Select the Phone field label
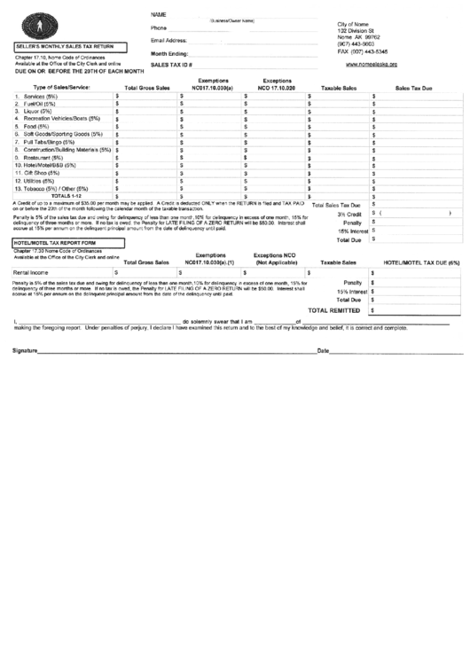[x=160, y=28]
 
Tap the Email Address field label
[x=169, y=41]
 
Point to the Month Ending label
[x=168, y=53]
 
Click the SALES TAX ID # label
[x=172, y=66]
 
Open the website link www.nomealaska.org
[x=367, y=64]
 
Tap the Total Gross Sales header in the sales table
[x=146, y=88]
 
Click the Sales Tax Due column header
[x=413, y=88]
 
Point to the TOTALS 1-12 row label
[x=71, y=196]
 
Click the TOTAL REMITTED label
[x=333, y=311]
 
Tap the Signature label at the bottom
[x=26, y=351]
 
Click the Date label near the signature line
[x=323, y=351]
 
